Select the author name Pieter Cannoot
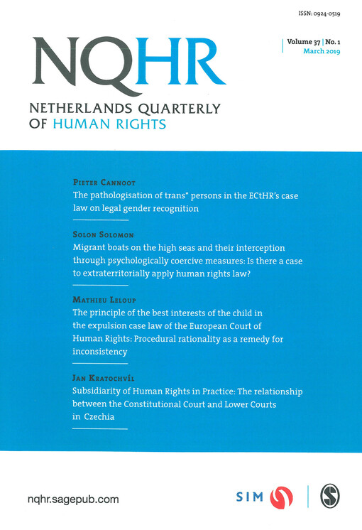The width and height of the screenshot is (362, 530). (x=102, y=183)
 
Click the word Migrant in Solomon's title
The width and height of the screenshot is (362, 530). (x=92, y=248)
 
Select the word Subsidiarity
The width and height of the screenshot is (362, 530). (x=102, y=391)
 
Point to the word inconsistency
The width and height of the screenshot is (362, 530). (x=100, y=352)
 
